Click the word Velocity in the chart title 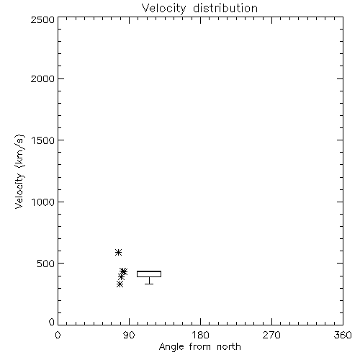tap(163, 9)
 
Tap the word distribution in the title tap(225, 8)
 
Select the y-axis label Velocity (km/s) tap(19, 171)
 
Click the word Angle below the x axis tap(171, 347)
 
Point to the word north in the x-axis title tap(229, 346)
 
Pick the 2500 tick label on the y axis tap(42, 19)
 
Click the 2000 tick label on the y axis tap(42, 78)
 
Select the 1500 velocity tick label tap(43, 140)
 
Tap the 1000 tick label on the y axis tap(43, 202)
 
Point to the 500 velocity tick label tap(46, 264)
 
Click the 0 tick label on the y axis tap(52, 322)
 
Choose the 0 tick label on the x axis tap(58, 335)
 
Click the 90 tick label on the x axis tap(129, 335)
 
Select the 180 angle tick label tap(200, 335)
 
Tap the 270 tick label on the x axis tap(271, 335)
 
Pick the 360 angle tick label tap(343, 335)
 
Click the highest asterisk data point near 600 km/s tap(118, 252)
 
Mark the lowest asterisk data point tap(120, 284)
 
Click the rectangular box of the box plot tap(149, 271)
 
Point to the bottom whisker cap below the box tap(149, 284)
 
